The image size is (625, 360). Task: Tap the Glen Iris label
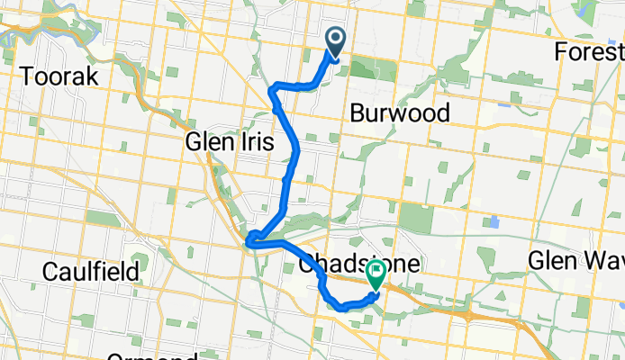pyautogui.click(x=225, y=141)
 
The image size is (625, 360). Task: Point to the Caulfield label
pyautogui.click(x=94, y=271)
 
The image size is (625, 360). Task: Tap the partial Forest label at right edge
pyautogui.click(x=589, y=51)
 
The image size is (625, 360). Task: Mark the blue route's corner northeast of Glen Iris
pyautogui.click(x=272, y=87)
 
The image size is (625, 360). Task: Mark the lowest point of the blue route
pyautogui.click(x=343, y=309)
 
